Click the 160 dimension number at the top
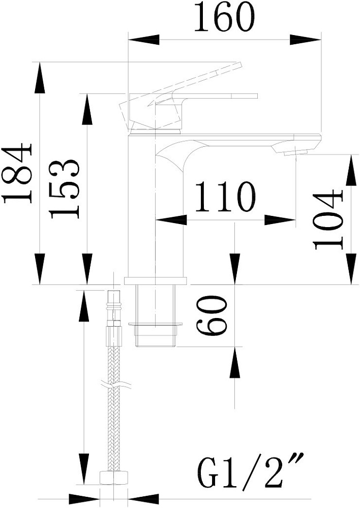pos(224,17)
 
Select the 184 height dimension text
pos(17,173)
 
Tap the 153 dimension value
pos(65,188)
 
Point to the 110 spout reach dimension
pos(225,197)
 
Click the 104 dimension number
pos(328,219)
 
